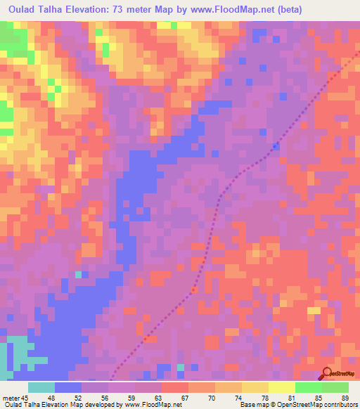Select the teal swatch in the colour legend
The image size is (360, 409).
pos(41,387)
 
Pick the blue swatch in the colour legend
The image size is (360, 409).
pos(68,387)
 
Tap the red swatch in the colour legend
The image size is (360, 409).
pos(174,387)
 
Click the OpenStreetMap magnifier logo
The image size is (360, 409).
pos(327,375)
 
